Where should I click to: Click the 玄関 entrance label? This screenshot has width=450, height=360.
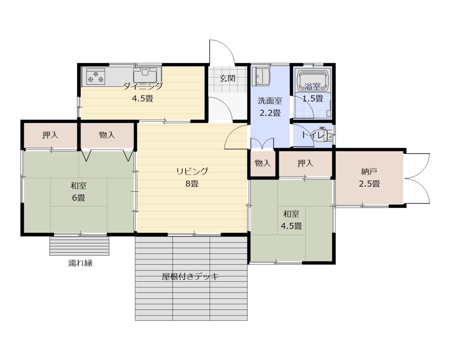click(x=228, y=78)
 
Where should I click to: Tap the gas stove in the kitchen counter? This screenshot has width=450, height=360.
click(x=95, y=76)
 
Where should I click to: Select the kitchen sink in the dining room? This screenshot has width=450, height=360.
click(x=145, y=75)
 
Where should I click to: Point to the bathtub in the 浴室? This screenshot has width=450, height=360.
click(x=312, y=79)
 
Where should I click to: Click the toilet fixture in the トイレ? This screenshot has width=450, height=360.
click(x=324, y=135)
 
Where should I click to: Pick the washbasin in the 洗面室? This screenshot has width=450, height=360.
click(x=261, y=76)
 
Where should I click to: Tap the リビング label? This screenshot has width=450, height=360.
click(x=192, y=171)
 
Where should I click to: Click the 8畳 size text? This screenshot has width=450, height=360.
click(x=192, y=183)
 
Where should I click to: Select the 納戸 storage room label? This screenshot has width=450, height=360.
click(x=369, y=172)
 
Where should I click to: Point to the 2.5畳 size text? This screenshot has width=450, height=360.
click(x=369, y=184)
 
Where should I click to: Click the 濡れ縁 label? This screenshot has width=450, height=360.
click(x=80, y=263)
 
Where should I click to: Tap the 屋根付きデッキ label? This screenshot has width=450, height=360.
click(x=190, y=277)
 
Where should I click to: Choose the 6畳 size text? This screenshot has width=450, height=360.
click(x=78, y=198)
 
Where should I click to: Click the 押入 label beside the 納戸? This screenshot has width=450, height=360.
click(x=305, y=164)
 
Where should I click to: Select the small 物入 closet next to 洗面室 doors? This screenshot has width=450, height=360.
click(x=263, y=164)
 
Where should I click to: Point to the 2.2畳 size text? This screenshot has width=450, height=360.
click(x=270, y=113)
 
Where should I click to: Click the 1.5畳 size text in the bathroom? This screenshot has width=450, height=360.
click(x=313, y=98)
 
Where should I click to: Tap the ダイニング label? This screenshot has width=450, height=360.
click(x=143, y=86)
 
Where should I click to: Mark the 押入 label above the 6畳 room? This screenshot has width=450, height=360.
click(x=50, y=135)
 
